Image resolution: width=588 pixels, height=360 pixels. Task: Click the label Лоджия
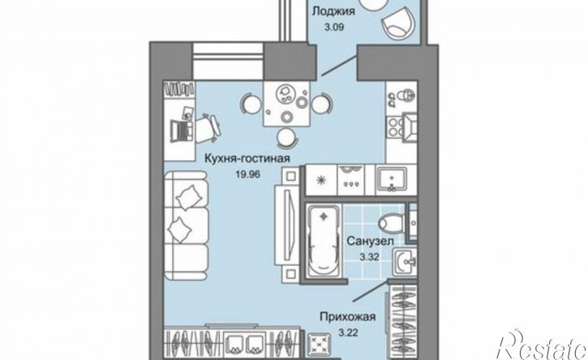[x=333, y=11]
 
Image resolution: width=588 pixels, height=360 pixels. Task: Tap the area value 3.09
[x=333, y=28]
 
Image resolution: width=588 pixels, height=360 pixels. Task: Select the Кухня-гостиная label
[x=247, y=158]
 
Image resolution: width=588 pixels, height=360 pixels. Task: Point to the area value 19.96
[x=248, y=174]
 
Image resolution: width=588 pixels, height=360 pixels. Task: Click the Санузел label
[x=370, y=241]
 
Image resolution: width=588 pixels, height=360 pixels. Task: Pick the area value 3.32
[x=370, y=257]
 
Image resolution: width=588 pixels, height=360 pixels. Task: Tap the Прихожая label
[x=348, y=317]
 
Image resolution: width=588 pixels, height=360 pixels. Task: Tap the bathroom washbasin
[x=405, y=262]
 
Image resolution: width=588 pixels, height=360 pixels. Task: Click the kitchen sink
[x=392, y=179]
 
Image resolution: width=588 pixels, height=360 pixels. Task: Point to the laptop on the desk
[x=182, y=130]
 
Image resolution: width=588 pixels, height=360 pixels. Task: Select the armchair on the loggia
[x=399, y=23]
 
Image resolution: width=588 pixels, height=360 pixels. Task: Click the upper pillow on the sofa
[x=191, y=198]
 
